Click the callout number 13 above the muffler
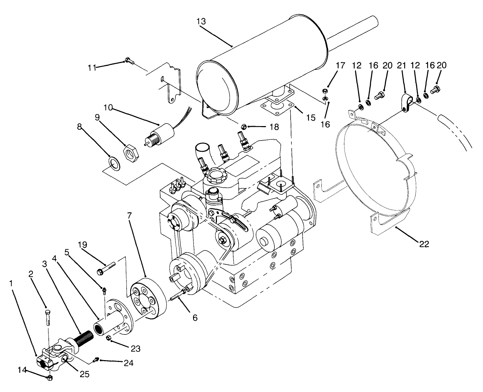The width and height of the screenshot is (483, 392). tap(201, 21)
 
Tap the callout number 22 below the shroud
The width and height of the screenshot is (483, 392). tap(424, 244)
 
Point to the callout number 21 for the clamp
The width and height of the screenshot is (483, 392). tap(401, 65)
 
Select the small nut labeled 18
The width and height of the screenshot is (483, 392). tap(244, 126)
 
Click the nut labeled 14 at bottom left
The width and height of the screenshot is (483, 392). tap(50, 378)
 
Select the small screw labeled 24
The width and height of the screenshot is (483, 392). tap(96, 359)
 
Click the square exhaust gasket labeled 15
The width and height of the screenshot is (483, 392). tap(275, 108)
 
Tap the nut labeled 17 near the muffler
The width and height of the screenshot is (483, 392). tap(325, 90)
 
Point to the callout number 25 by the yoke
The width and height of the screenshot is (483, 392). tap(84, 374)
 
